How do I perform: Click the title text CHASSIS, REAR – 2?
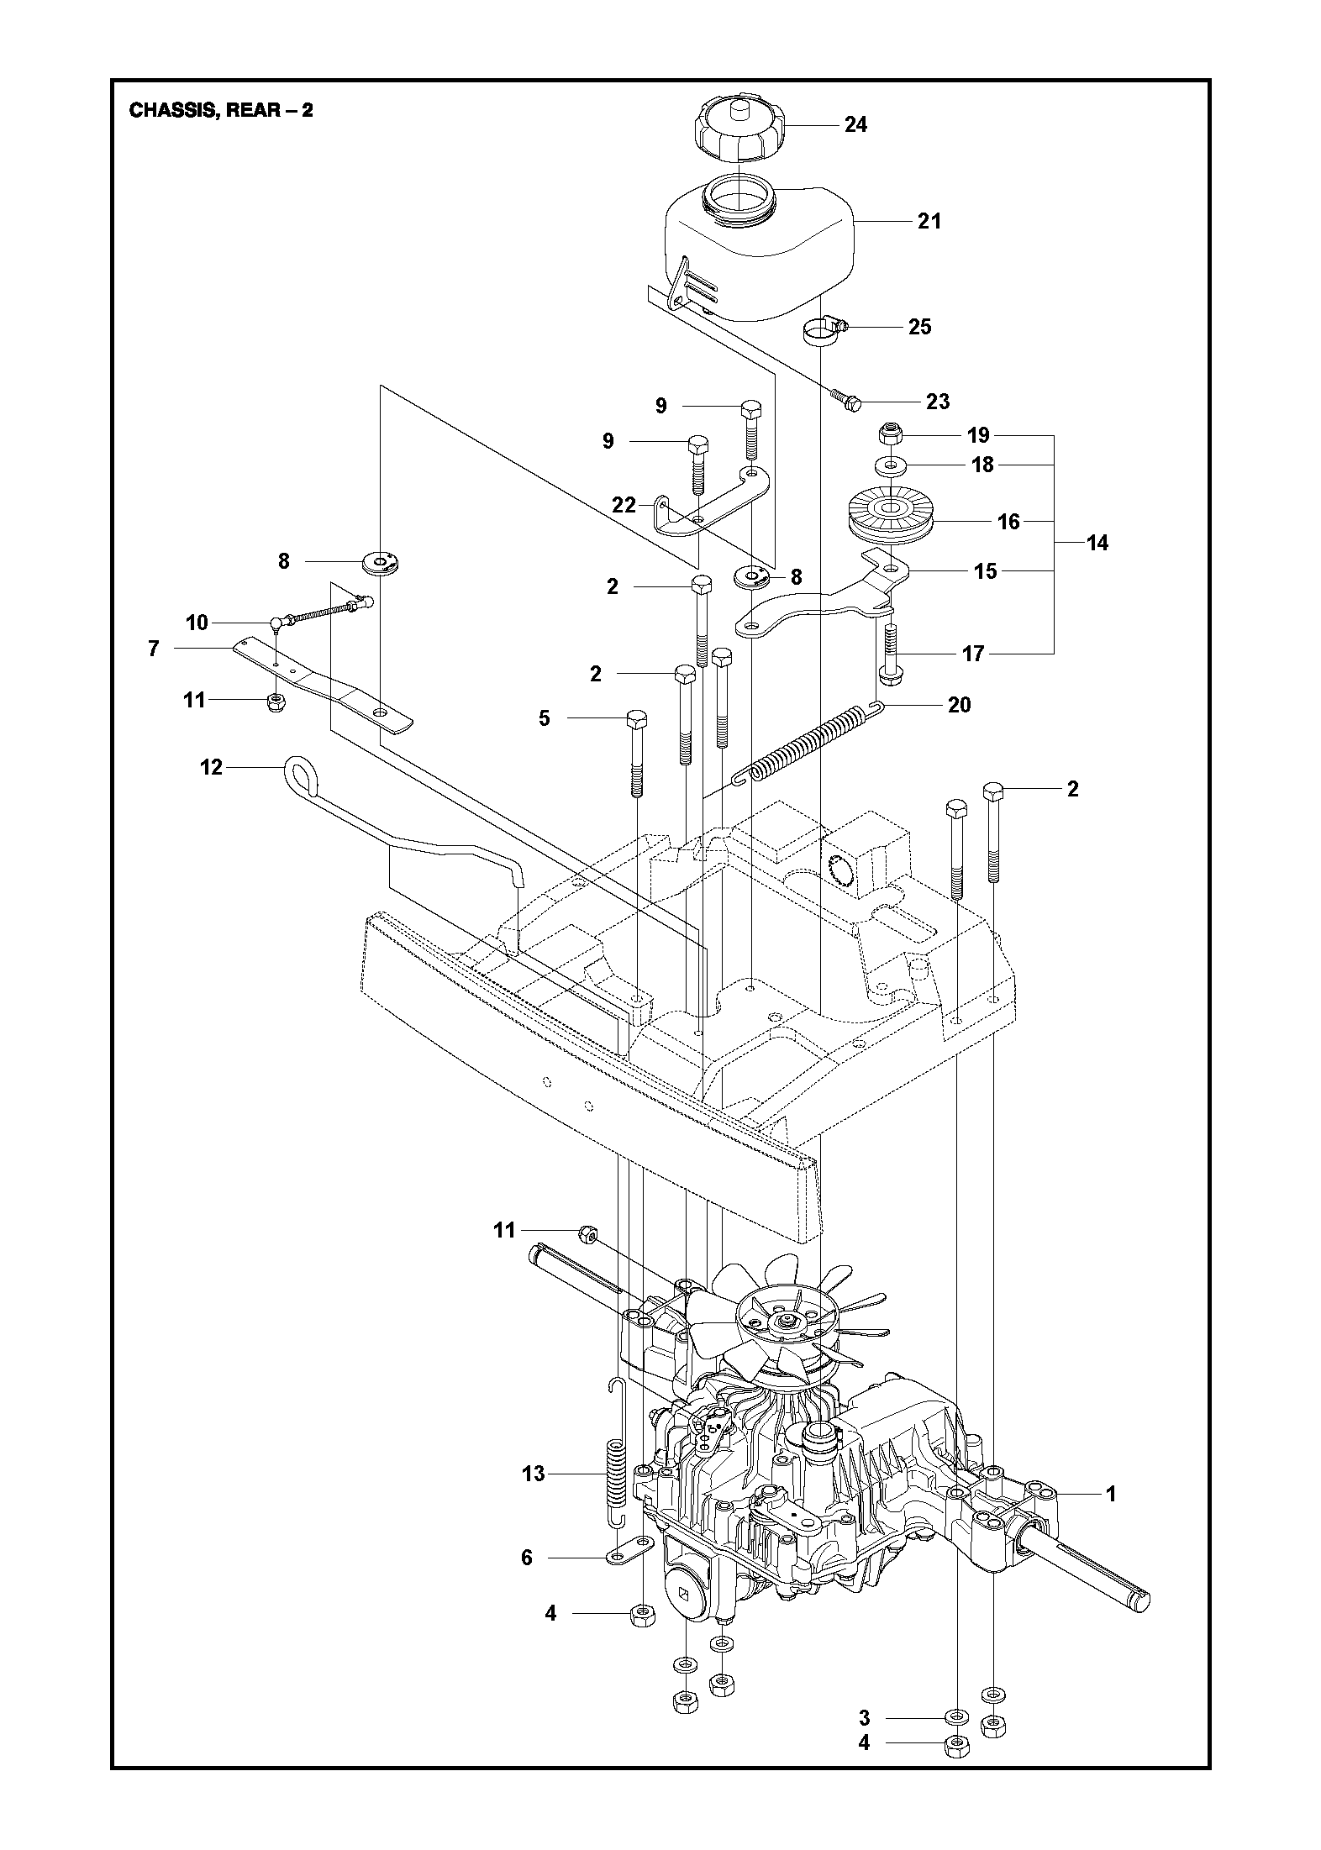point(221,110)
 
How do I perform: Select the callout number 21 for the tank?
point(929,221)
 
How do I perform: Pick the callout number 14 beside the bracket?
point(1097,544)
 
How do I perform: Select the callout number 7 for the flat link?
point(153,649)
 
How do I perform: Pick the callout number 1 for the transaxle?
point(1111,1494)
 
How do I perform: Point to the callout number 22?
point(624,505)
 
